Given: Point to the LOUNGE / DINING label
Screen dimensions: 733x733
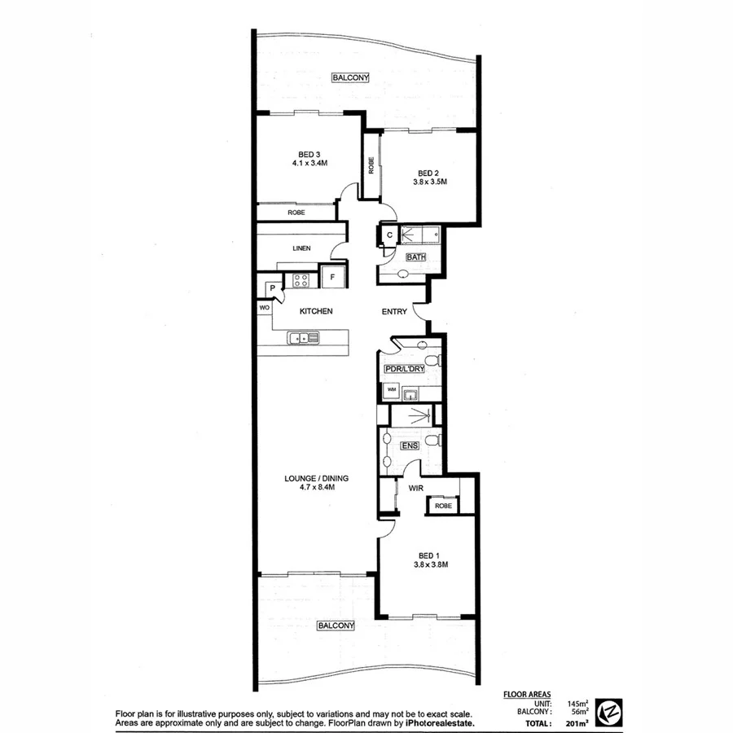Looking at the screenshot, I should (x=309, y=479).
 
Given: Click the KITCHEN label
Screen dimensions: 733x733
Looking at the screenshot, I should (x=316, y=311).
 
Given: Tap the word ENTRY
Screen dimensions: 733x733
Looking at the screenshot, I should (x=395, y=311).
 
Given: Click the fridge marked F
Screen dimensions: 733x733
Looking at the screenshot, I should (x=331, y=277).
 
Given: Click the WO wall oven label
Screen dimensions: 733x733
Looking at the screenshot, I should (x=265, y=309).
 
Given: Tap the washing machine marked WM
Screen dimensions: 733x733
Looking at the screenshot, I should (x=392, y=390).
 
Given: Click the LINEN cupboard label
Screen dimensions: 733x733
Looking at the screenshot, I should (x=302, y=248).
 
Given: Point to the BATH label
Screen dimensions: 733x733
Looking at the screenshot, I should (x=415, y=257).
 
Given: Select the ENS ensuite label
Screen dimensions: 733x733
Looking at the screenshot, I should (x=410, y=446).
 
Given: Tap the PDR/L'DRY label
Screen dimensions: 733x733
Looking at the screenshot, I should (x=404, y=369).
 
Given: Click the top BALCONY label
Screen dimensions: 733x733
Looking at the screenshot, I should (x=351, y=77).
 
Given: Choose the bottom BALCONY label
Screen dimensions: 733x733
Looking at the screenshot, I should (x=336, y=625).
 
